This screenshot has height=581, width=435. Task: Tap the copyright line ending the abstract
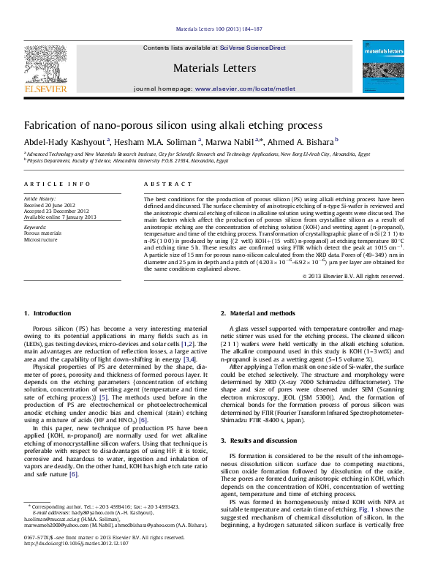pos(364,276)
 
